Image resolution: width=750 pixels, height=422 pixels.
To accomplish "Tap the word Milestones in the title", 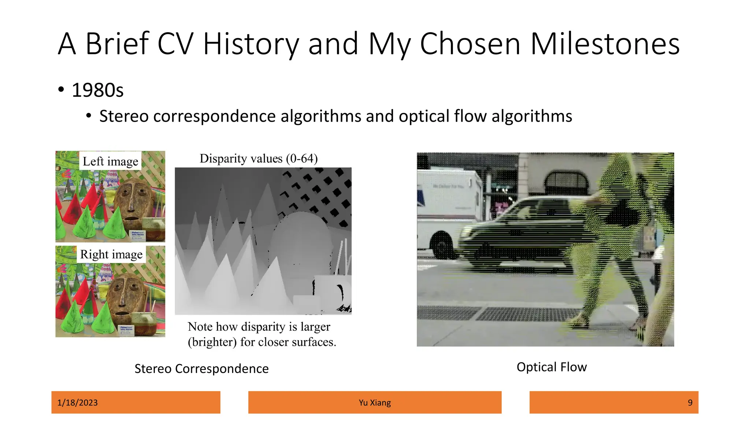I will [x=605, y=44].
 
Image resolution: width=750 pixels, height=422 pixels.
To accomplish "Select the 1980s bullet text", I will [x=97, y=90].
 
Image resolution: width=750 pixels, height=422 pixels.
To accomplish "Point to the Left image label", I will [x=110, y=161].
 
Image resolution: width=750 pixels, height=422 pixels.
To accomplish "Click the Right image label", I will [x=111, y=254].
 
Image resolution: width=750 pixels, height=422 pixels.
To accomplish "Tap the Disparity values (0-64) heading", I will [x=259, y=159].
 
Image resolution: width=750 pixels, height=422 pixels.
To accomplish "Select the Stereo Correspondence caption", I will [x=201, y=369].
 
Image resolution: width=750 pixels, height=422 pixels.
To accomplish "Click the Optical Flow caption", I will [x=552, y=367].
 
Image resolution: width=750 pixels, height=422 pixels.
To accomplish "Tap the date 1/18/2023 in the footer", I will [x=78, y=403].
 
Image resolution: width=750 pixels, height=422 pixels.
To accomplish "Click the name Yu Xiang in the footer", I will [x=375, y=403].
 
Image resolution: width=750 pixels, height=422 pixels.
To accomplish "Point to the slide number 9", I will [x=690, y=403].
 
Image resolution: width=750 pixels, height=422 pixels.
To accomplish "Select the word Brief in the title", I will [x=117, y=44].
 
